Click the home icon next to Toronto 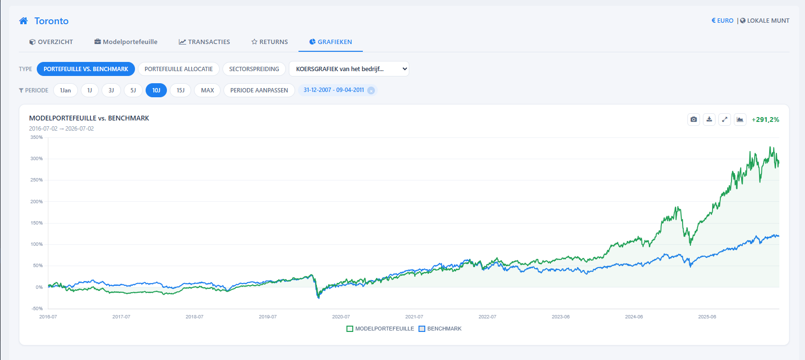click(23, 21)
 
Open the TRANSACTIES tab click(204, 42)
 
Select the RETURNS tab click(269, 42)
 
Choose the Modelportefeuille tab click(126, 42)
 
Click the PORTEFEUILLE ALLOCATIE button click(179, 69)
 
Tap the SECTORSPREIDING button click(254, 69)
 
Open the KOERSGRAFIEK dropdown click(349, 69)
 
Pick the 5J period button click(133, 90)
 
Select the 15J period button click(180, 90)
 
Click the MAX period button click(208, 90)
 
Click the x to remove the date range click(371, 90)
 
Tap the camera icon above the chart click(694, 120)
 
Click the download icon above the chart click(709, 120)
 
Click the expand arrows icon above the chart click(725, 120)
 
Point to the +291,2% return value click(765, 120)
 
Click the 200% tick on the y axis click(36, 202)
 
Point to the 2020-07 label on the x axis click(341, 317)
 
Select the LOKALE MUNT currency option click(765, 21)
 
